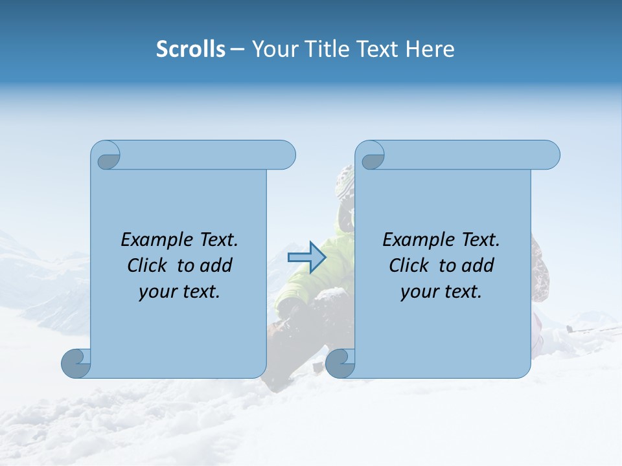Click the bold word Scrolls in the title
click(x=190, y=49)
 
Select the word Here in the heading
click(x=430, y=49)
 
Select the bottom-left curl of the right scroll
click(x=340, y=363)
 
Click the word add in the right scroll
click(x=479, y=265)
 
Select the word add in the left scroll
click(x=217, y=265)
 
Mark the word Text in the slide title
click(x=378, y=49)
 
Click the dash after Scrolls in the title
click(x=237, y=50)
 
